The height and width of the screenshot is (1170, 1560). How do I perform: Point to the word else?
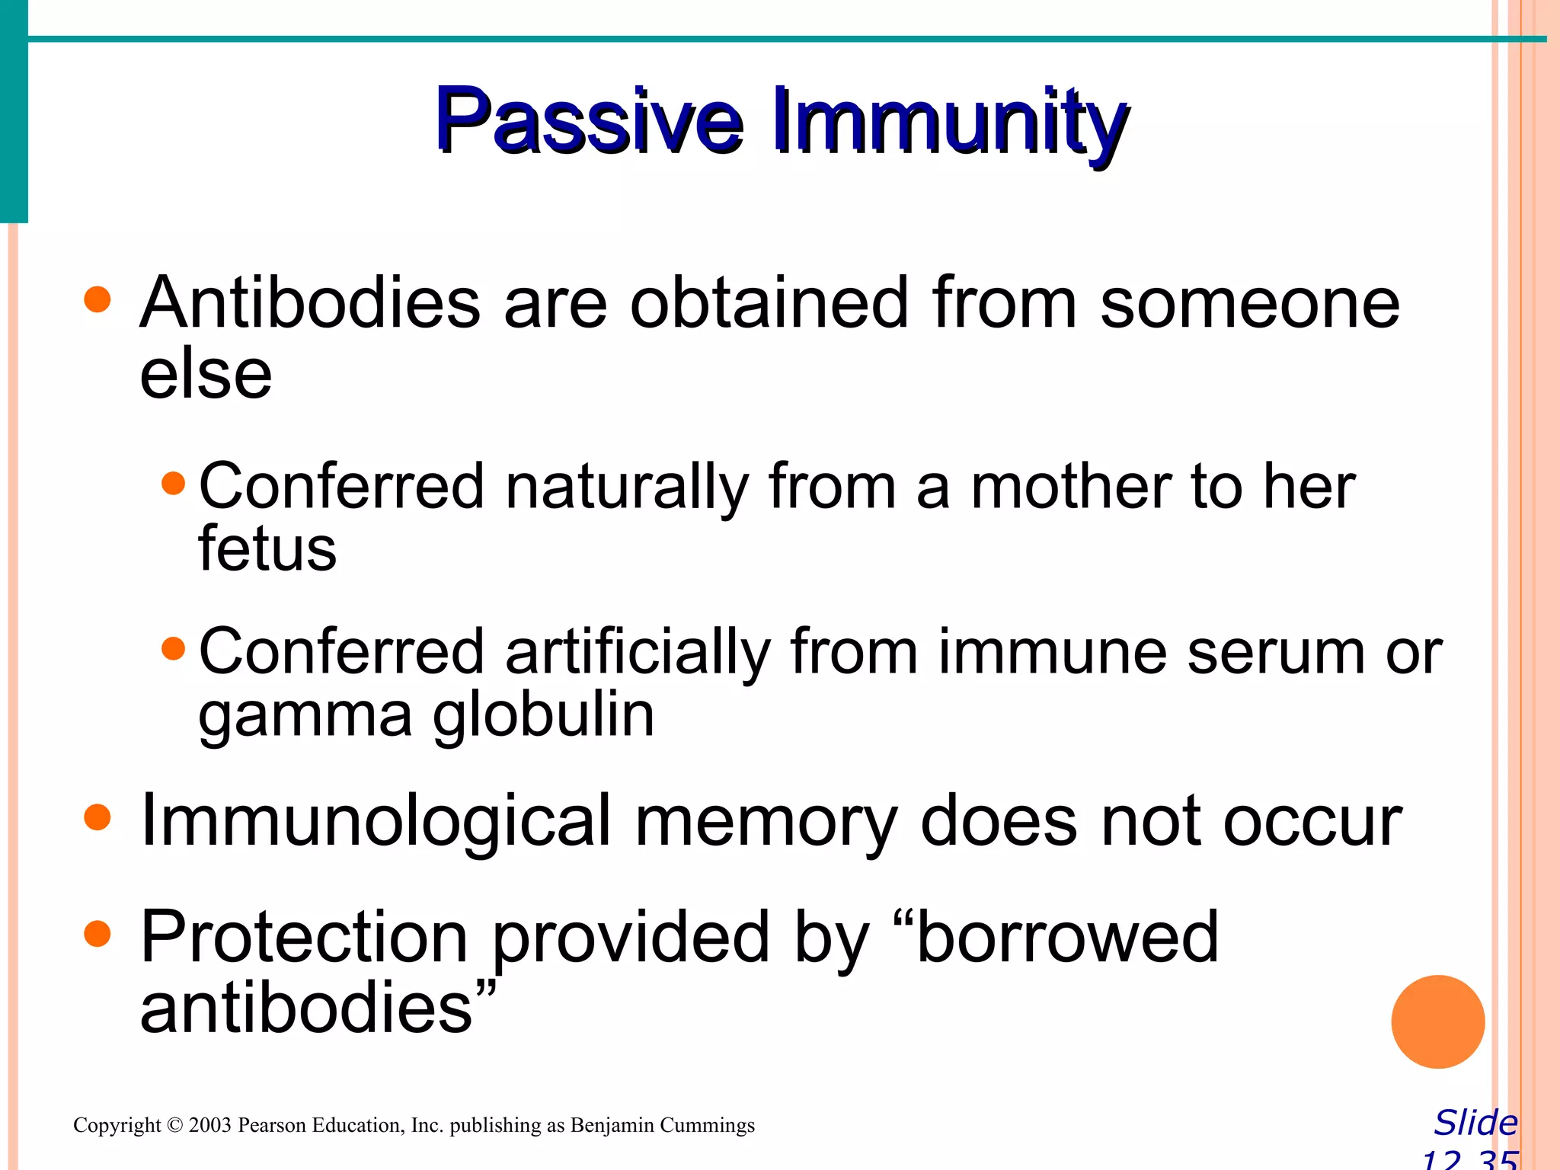206,375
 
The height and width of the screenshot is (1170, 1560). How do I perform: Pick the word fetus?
267,548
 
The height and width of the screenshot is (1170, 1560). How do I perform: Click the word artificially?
638,653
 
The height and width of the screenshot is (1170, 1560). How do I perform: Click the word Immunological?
376,821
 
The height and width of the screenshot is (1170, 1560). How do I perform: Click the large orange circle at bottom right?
1437,1021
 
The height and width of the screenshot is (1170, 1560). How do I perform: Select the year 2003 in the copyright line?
209,1126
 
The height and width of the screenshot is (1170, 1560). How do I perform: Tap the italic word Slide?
1475,1123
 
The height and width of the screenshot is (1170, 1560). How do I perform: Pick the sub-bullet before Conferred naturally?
174,484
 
